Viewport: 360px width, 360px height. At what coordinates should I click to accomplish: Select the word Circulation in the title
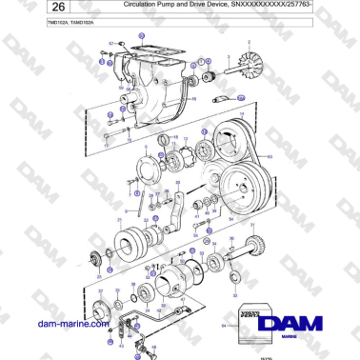point(146,6)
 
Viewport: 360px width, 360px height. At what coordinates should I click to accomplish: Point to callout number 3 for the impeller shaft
point(221,70)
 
